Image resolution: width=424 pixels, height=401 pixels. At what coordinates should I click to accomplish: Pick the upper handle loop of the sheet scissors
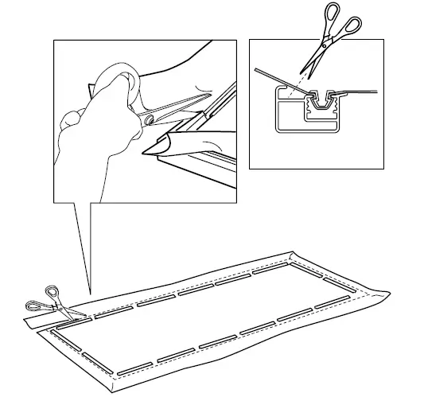click(53, 291)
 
